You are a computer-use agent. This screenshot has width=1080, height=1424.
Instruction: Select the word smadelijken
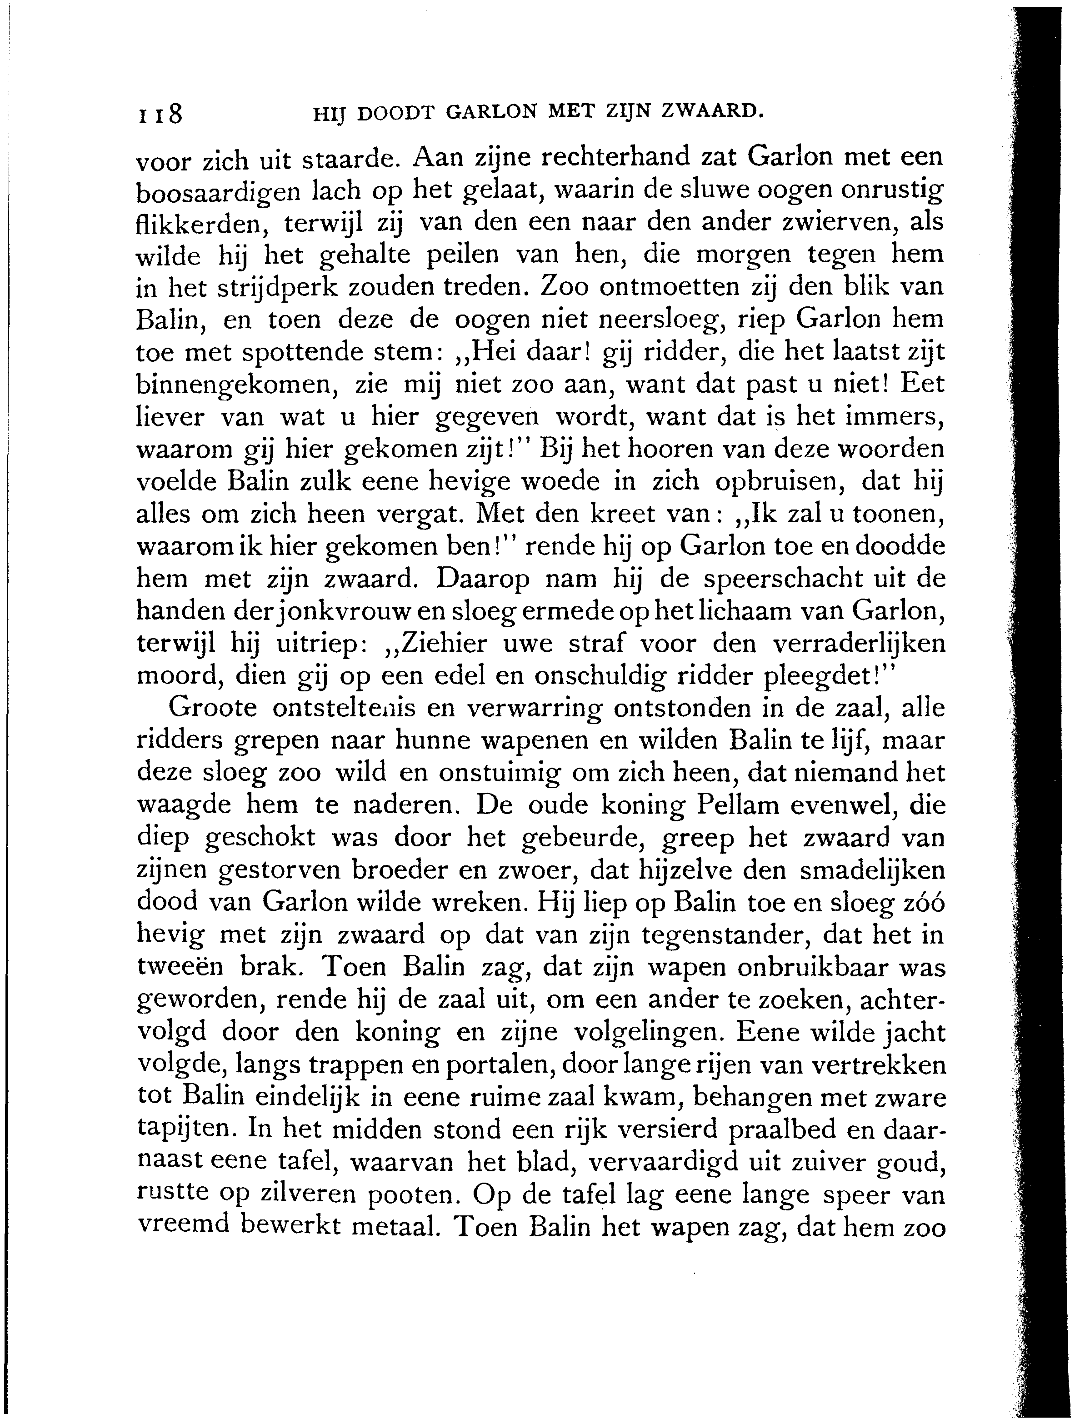tap(872, 870)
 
